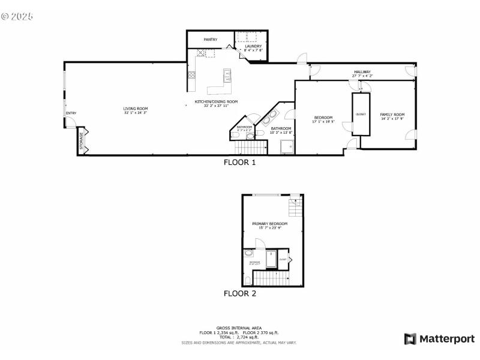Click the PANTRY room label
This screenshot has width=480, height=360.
[x=210, y=40]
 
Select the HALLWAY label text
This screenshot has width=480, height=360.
[x=362, y=72]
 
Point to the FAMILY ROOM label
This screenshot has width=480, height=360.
[x=392, y=115]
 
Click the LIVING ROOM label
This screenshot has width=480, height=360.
[x=136, y=109]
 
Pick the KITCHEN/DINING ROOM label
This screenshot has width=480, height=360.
[x=216, y=102]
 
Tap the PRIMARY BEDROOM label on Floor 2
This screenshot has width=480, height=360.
[x=274, y=224]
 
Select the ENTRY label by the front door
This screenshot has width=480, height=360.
[x=71, y=113]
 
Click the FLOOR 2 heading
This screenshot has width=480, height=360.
[x=240, y=294]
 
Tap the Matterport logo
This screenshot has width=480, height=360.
[x=439, y=339]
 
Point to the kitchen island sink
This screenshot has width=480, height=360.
[x=227, y=76]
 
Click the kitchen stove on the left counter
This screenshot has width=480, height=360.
[x=192, y=76]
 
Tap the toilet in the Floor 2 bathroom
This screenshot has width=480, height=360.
[x=248, y=281]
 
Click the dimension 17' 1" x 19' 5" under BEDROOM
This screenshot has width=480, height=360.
[x=323, y=122]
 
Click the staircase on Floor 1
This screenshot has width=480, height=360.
[x=249, y=148]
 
